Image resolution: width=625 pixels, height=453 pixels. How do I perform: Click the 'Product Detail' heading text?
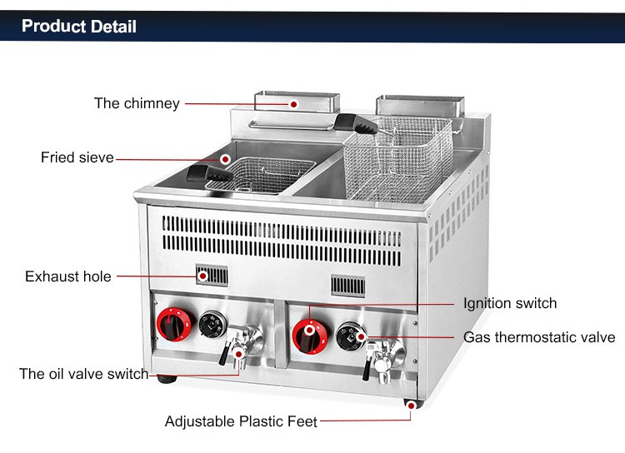79,26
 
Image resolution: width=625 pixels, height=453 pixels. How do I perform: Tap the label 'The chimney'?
137,104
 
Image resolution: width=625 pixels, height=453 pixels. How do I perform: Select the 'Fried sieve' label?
77,157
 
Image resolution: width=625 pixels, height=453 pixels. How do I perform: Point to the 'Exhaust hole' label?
68,276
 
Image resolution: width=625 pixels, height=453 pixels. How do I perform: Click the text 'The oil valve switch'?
84,374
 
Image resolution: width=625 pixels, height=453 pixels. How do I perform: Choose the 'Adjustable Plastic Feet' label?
241,421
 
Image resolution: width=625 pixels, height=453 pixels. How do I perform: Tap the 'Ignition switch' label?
510,303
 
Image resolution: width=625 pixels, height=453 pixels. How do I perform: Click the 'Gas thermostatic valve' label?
539,337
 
